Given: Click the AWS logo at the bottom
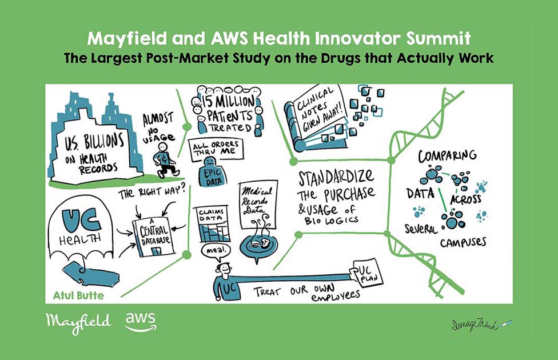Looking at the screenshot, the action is [x=141, y=322].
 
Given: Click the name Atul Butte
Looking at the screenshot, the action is [x=78, y=295].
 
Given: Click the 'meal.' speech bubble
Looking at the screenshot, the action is [x=216, y=250].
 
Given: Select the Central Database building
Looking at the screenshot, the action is [x=154, y=236].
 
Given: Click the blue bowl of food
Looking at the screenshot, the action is [x=259, y=246].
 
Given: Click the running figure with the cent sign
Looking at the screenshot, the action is [x=165, y=160].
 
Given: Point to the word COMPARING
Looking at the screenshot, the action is [x=447, y=156].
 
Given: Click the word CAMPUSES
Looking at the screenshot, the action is [x=463, y=242].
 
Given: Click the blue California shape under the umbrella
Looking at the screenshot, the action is [x=90, y=274].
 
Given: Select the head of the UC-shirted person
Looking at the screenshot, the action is [x=225, y=269].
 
